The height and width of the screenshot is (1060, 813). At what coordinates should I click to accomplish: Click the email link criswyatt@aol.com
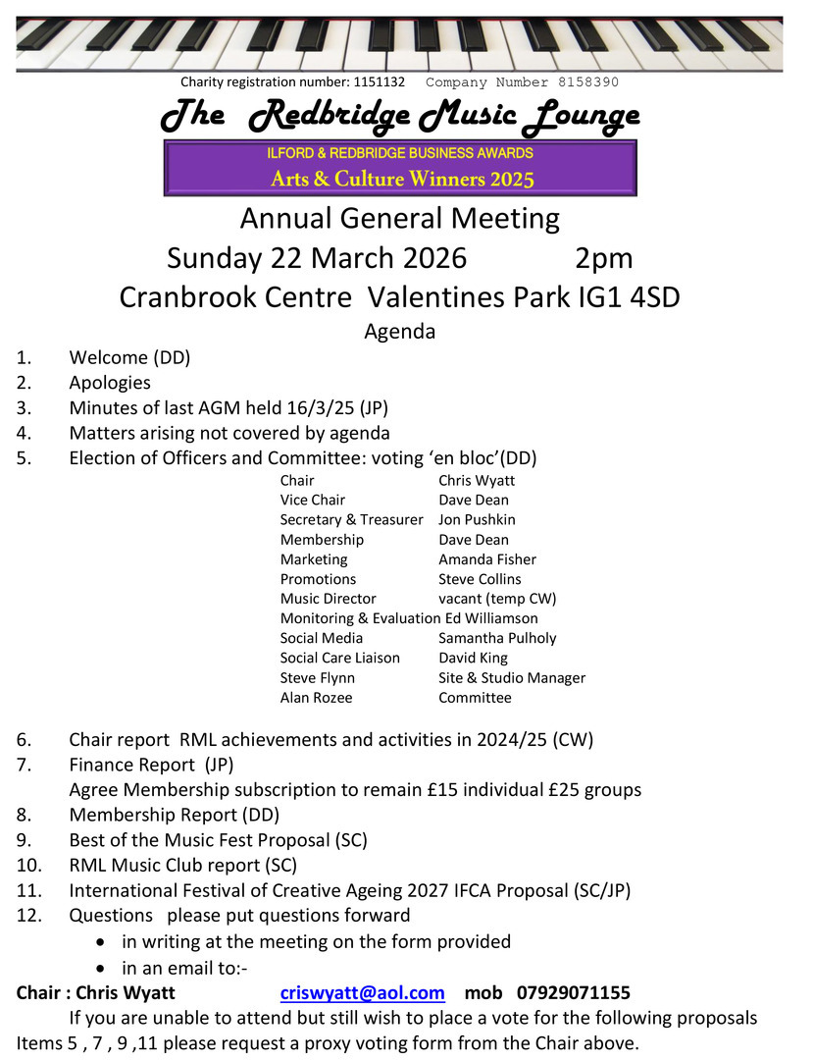point(362,992)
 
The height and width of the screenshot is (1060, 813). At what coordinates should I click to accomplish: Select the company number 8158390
point(584,82)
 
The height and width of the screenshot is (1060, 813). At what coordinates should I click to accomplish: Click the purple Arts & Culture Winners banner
point(400,167)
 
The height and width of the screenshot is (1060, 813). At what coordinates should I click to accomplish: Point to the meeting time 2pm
point(603,258)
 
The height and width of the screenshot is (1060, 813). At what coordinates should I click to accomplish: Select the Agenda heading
point(400,332)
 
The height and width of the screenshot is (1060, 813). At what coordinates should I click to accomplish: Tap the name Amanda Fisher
point(487,559)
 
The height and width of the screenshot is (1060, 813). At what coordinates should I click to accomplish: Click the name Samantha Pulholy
point(497,638)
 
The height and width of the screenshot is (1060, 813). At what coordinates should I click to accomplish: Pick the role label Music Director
point(328,599)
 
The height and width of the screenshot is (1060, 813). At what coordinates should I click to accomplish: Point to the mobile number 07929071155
point(574,992)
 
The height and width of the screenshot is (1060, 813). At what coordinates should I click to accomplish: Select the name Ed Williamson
point(491,618)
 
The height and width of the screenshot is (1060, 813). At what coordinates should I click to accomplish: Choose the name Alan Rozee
point(316,698)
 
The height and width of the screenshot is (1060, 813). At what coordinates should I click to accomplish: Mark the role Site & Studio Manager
point(512,678)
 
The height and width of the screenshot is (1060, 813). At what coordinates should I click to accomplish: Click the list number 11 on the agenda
point(27,891)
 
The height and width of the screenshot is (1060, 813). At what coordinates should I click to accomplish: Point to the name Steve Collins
point(480,579)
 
